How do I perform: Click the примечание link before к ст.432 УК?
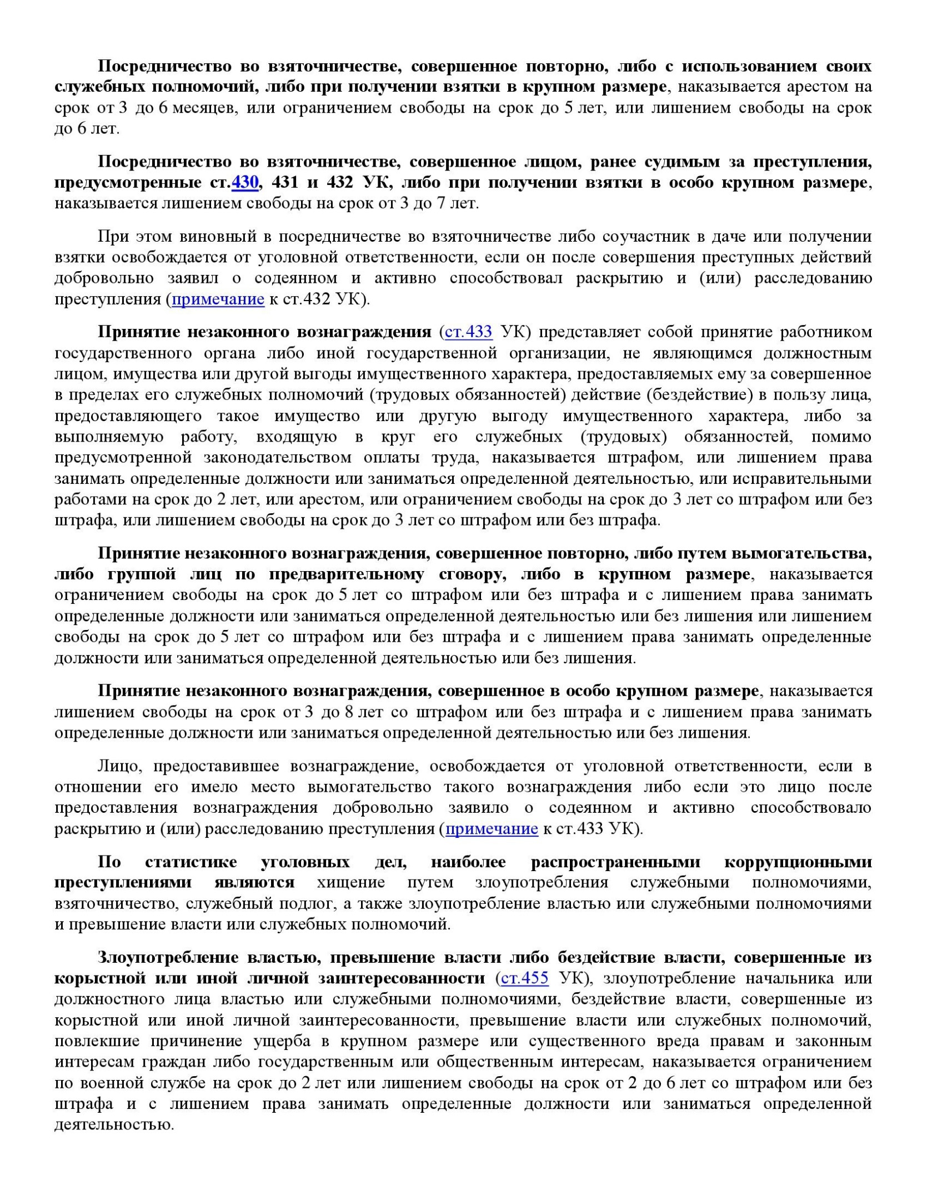218,299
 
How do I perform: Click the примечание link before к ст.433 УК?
492,829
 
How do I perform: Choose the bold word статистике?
191,862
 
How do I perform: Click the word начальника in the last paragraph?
771,978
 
